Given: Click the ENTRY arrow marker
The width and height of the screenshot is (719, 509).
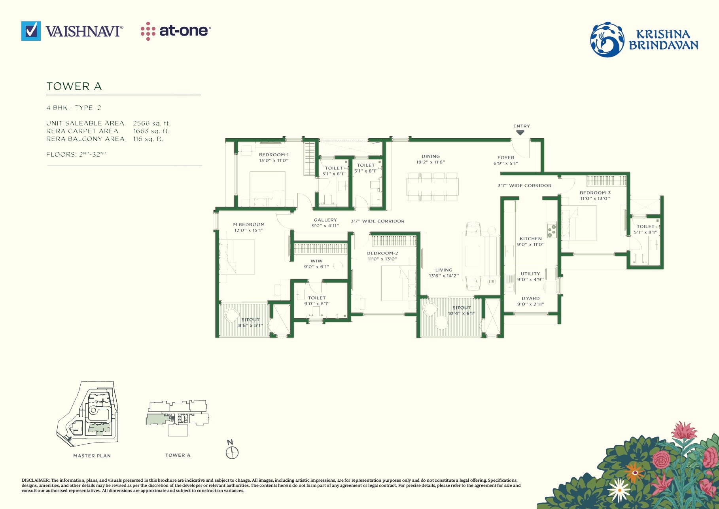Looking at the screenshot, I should coord(520,133).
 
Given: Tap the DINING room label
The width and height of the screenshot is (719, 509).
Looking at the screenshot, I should coord(431,156).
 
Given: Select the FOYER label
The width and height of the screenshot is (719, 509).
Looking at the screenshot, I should coord(506,158).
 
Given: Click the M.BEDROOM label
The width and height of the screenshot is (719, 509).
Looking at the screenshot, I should coord(249,224).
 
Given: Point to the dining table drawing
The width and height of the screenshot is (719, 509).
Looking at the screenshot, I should coord(433,186).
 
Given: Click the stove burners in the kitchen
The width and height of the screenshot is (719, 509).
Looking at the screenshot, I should coord(551,230).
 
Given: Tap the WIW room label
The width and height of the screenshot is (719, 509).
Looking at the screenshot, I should coord(316,261).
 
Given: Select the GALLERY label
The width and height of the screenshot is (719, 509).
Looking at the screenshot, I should coord(325,220).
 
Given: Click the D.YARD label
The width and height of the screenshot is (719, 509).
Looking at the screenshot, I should coord(530,298).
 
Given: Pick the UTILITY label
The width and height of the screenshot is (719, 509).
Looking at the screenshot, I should coord(530,273).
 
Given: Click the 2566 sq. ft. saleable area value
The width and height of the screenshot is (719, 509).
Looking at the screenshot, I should coord(152,123).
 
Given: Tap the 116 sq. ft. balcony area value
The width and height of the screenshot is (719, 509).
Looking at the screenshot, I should coord(148,139).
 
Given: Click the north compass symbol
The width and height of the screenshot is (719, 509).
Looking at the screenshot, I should coord(232,452).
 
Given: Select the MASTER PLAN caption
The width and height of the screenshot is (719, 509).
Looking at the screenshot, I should coord(92,456).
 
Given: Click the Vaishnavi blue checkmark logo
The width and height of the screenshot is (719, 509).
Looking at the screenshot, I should coord(31,31).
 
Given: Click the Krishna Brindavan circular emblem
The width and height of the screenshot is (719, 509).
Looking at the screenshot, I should coord(607,40).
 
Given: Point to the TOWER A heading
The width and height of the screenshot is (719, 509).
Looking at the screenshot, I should coord(74,86).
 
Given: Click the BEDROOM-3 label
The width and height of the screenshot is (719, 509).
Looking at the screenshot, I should coord(595,193).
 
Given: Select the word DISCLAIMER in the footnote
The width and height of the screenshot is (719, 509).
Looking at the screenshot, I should coord(35,480).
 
